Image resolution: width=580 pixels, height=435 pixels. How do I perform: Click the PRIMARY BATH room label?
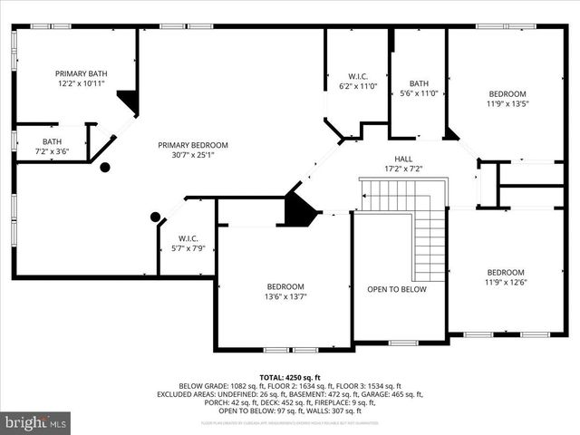80,73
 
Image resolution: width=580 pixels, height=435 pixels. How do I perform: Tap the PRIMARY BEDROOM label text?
193,145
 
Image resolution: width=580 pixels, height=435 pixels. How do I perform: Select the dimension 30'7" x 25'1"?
193,155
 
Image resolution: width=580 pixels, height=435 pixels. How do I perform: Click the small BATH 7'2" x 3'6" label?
52,147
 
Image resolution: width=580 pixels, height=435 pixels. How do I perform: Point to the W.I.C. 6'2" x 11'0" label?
357,82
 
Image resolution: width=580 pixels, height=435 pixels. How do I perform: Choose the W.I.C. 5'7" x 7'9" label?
188,244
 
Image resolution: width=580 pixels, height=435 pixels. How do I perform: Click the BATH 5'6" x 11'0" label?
419,88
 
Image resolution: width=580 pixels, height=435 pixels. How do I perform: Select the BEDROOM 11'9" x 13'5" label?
507,99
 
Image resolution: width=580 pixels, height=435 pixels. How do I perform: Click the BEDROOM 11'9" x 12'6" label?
505,277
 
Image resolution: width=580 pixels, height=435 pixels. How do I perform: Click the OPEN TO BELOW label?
396,290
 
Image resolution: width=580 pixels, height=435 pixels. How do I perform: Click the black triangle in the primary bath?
130,101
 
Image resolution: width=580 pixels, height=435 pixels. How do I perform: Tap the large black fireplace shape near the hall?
298,209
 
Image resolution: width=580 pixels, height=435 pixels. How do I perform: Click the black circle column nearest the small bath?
105,167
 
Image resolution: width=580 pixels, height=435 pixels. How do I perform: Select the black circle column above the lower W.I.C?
156,217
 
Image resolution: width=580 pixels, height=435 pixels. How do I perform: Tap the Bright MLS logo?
36,422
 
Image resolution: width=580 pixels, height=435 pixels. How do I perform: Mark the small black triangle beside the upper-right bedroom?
450,134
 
